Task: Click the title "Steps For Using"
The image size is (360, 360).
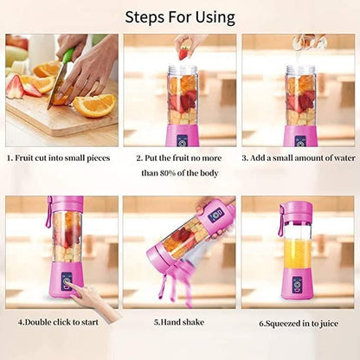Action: pos(180,16)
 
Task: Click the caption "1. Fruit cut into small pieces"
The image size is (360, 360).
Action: pos(60,158)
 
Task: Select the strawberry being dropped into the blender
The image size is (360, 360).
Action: pos(183,54)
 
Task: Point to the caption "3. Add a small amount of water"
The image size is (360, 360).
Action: pos(299,158)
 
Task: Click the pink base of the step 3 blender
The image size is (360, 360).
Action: pos(299,136)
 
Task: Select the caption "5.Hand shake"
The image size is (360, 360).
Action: pos(180,322)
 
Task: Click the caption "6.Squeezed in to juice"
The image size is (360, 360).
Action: pos(299,323)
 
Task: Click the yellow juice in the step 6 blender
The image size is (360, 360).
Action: pos(298,253)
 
